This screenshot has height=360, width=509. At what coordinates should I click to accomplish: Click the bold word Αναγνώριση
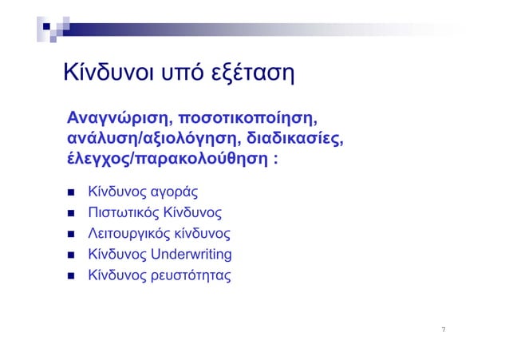click(x=114, y=117)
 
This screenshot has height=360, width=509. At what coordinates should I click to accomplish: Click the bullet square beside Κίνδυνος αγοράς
click(x=70, y=192)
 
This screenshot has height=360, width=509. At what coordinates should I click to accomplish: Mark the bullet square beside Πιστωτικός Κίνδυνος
click(x=70, y=213)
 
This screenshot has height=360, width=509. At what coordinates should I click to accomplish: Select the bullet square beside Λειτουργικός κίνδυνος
click(x=70, y=235)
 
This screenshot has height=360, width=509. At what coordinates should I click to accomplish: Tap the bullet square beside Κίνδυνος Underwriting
click(x=70, y=255)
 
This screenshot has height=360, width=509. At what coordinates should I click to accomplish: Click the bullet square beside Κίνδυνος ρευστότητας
click(x=70, y=277)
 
